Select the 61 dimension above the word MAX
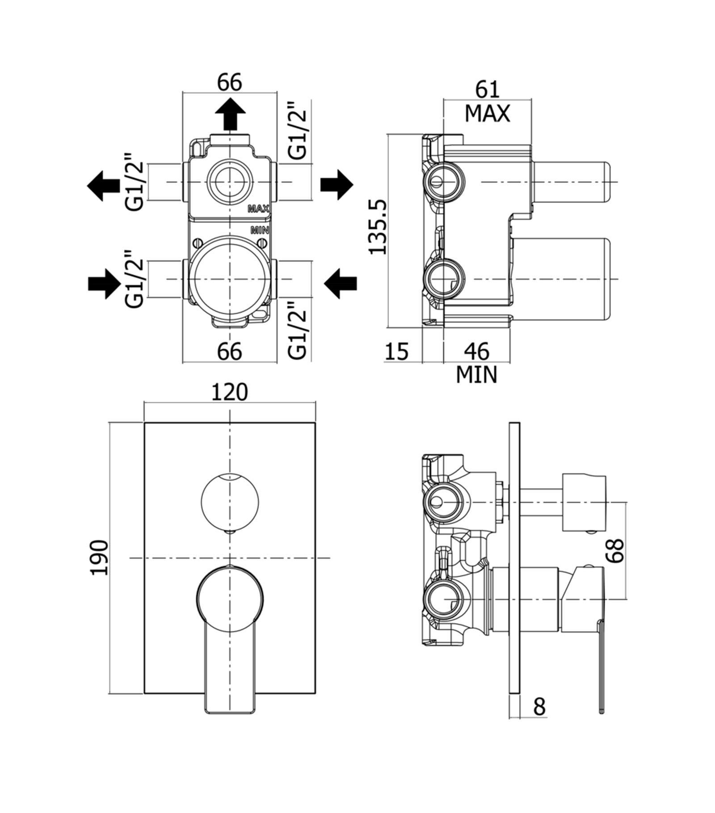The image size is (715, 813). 487,89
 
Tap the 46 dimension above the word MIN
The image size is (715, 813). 477,351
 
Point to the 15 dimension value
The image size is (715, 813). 397,351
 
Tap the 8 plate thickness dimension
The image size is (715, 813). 540,706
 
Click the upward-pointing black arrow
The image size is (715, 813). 230,114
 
